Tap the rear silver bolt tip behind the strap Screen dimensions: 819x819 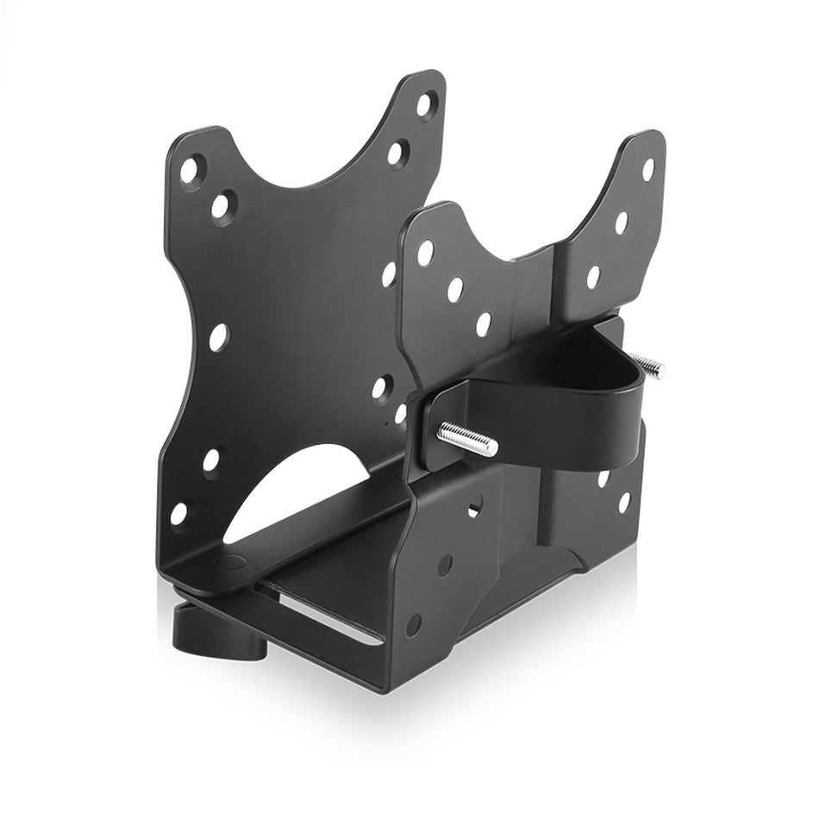[647, 367]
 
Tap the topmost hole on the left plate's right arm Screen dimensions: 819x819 [426, 105]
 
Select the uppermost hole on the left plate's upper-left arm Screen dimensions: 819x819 [189, 169]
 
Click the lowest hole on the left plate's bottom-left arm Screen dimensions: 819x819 [179, 514]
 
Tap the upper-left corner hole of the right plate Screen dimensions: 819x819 [425, 253]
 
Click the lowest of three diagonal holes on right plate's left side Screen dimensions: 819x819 [484, 324]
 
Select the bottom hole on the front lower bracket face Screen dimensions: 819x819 [415, 624]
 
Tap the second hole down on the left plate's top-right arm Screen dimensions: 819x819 [397, 153]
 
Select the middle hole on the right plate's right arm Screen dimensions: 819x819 [622, 222]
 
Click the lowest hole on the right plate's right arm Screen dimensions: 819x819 [594, 277]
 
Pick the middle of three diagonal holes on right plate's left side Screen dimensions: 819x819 [455, 289]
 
